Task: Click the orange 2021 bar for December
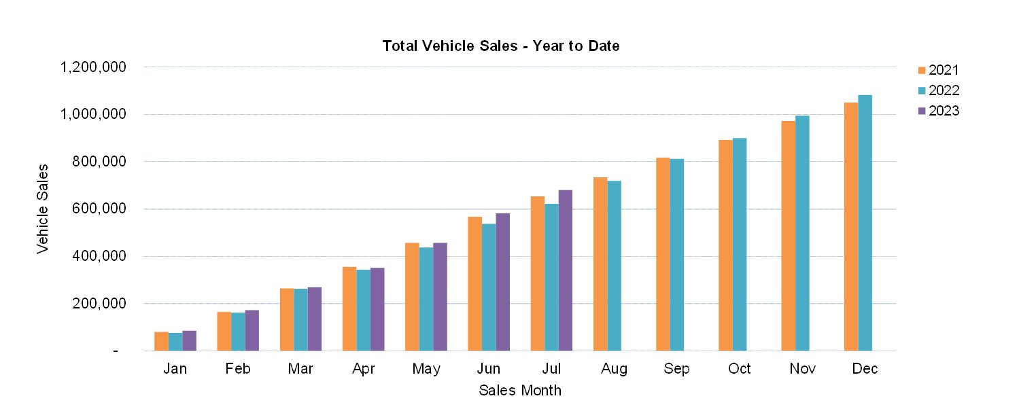tap(850, 227)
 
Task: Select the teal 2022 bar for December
tap(865, 223)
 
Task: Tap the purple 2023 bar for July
tap(565, 270)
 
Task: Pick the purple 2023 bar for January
tap(189, 341)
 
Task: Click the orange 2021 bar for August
tap(600, 264)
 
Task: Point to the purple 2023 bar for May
tap(440, 297)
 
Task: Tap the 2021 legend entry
tap(937, 70)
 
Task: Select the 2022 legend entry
tap(937, 90)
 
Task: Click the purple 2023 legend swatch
tap(922, 111)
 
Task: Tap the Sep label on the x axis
tap(676, 369)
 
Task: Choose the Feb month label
tap(238, 369)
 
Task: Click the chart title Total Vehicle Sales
tap(500, 46)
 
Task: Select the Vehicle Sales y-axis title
tap(43, 208)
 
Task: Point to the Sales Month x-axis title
tap(520, 391)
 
